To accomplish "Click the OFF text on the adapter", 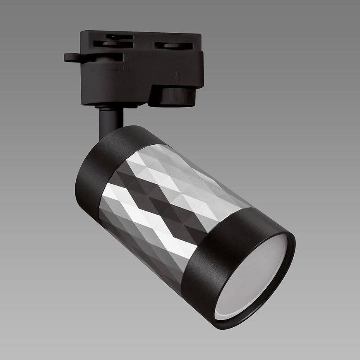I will pyautogui.click(x=124, y=70).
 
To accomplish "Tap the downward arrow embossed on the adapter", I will pyautogui.click(x=178, y=76).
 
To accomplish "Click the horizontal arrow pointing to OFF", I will pyautogui.click(x=109, y=70).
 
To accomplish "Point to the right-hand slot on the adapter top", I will pyautogui.click(x=174, y=46).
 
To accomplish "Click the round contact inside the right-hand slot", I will pyautogui.click(x=174, y=46).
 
